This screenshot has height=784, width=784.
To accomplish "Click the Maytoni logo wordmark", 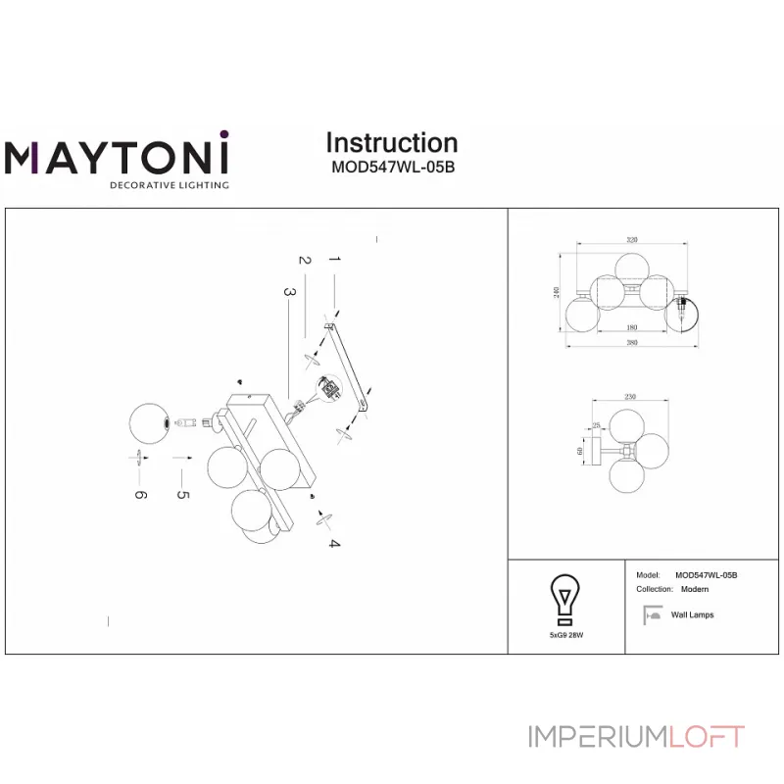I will [117, 158].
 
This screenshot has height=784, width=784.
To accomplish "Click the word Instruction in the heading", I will [391, 143].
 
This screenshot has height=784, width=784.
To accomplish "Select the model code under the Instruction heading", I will [391, 167].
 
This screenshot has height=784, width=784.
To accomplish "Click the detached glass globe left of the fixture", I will [152, 423].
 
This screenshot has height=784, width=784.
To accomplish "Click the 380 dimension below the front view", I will [632, 342].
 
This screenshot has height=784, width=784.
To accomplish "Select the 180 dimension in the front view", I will [632, 326].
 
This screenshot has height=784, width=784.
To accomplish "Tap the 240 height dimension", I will [558, 293].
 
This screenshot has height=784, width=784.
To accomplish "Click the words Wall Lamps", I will [692, 615].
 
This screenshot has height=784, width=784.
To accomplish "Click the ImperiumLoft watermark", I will [637, 736].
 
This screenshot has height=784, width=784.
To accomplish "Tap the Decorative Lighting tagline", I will [169, 184].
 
